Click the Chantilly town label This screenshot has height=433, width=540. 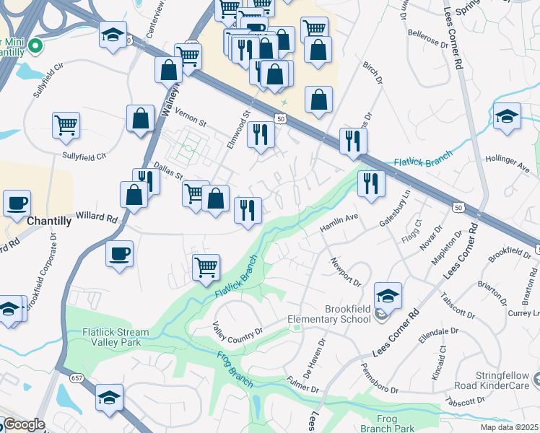coord(48,222)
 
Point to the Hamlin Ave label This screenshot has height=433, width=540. coord(339,222)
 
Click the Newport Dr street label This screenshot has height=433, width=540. coord(347,269)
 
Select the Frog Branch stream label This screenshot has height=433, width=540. coord(235,369)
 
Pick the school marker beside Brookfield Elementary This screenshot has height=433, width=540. coord(388,296)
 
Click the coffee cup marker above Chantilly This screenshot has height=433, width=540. coord(17,204)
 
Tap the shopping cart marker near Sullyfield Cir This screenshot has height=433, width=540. coord(66,125)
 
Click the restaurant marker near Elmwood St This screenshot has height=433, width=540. coord(261,135)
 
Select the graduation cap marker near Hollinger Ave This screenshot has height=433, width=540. coord(507,116)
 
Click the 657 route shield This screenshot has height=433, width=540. coord(76,378)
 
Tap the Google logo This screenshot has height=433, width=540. coord(24,424)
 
